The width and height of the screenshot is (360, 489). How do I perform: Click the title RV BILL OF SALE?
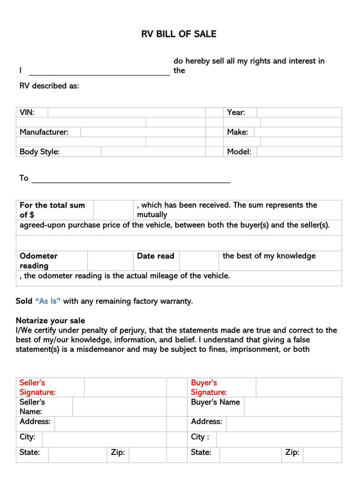pyautogui.click(x=179, y=34)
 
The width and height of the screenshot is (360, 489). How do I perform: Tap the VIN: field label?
pyautogui.click(x=27, y=113)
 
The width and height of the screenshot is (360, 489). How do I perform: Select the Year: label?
pyautogui.click(x=236, y=113)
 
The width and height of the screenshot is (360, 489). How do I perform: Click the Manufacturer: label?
pyautogui.click(x=44, y=132)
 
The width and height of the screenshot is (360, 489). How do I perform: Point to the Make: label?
pyautogui.click(x=237, y=132)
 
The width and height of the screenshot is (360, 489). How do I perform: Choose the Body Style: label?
pyautogui.click(x=40, y=152)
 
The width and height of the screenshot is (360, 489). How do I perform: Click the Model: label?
pyautogui.click(x=239, y=152)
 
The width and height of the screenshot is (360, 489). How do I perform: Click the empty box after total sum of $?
pyautogui.click(x=112, y=210)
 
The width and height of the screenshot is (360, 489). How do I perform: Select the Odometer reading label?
pyautogui.click(x=38, y=261)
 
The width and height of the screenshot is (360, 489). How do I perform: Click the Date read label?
pyautogui.click(x=155, y=256)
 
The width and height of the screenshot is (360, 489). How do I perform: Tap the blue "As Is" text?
pyautogui.click(x=48, y=301)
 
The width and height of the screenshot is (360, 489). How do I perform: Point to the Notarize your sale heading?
pyautogui.click(x=50, y=321)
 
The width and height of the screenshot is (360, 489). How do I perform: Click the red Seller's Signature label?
pyautogui.click(x=37, y=387)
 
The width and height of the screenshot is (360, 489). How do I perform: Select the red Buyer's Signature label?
pyautogui.click(x=209, y=387)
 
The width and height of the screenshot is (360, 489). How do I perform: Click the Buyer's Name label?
pyautogui.click(x=215, y=402)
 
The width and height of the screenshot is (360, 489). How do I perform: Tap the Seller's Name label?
pyautogui.click(x=32, y=407)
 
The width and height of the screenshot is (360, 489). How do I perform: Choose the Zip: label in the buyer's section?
pyautogui.click(x=292, y=453)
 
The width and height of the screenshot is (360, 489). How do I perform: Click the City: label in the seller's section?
pyautogui.click(x=27, y=437)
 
